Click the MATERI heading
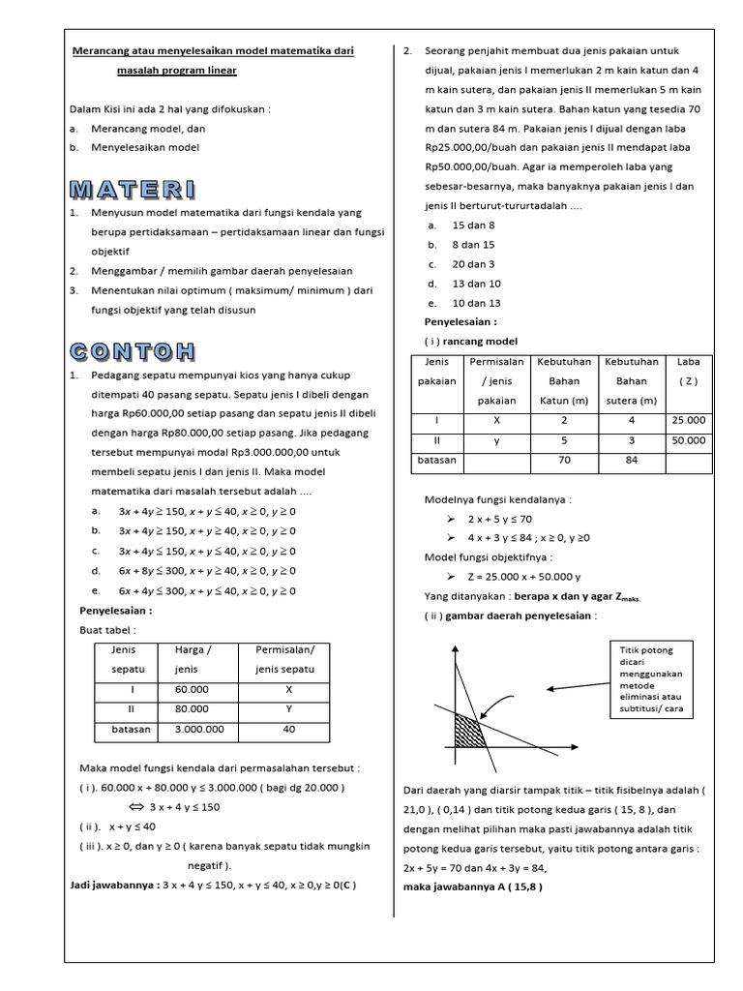point(133,188)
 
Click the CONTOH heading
point(133,350)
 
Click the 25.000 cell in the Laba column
point(689,420)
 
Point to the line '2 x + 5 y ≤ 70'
point(499,519)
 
